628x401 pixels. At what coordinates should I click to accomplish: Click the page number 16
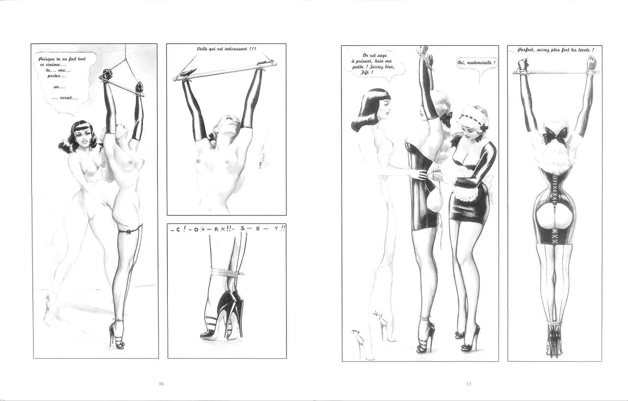click(161, 384)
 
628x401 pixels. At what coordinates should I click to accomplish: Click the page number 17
click(469, 384)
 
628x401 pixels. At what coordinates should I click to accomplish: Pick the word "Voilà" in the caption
click(203, 49)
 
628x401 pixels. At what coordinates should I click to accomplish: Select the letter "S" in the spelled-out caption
click(242, 229)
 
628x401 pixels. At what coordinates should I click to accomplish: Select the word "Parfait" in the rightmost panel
click(525, 50)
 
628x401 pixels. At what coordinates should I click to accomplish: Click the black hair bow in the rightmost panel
click(555, 135)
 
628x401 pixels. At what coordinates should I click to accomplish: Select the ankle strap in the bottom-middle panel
click(227, 271)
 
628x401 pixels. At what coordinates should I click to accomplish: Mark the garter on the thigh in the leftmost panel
click(130, 229)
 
